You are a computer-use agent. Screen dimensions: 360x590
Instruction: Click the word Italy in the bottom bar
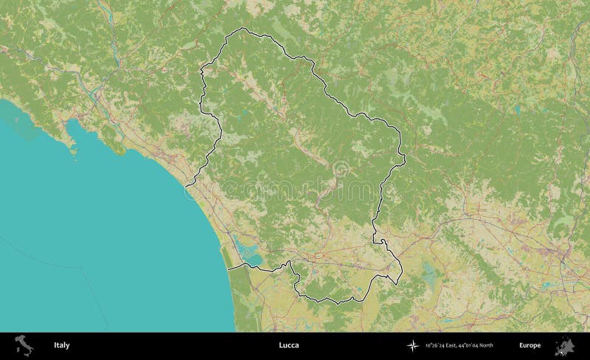click(61, 345)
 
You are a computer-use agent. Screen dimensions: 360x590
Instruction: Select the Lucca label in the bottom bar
click(289, 345)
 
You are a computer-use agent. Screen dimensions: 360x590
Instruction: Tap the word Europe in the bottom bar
click(530, 345)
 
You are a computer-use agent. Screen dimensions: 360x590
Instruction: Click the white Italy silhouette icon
click(24, 345)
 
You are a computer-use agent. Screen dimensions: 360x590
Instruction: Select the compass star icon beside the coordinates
click(411, 345)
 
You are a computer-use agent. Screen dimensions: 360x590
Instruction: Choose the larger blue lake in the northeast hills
click(517, 110)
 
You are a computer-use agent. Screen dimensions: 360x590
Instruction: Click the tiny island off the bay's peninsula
click(74, 156)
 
